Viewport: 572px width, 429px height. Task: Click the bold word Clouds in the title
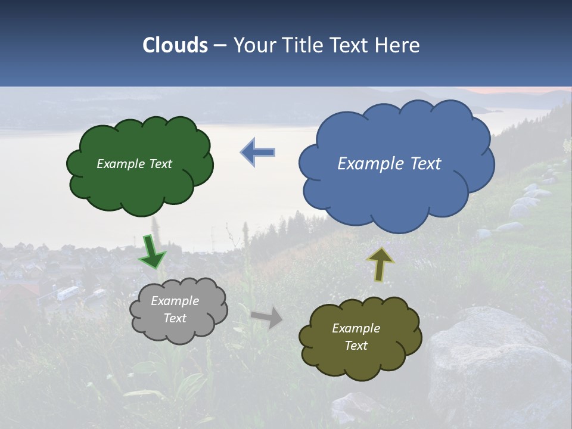pyautogui.click(x=175, y=45)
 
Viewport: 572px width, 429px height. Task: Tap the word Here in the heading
pyautogui.click(x=398, y=45)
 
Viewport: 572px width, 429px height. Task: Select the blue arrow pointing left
pyautogui.click(x=258, y=153)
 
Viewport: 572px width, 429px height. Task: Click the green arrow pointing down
pyautogui.click(x=152, y=252)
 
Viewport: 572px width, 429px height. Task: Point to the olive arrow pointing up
pyautogui.click(x=380, y=264)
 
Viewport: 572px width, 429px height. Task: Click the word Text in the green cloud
pyautogui.click(x=160, y=164)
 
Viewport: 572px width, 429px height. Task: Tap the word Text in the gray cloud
pyautogui.click(x=175, y=318)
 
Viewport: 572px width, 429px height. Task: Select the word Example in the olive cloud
pyautogui.click(x=356, y=328)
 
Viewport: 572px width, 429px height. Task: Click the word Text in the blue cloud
pyautogui.click(x=425, y=163)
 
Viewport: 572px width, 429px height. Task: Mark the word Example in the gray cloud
pyautogui.click(x=175, y=301)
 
